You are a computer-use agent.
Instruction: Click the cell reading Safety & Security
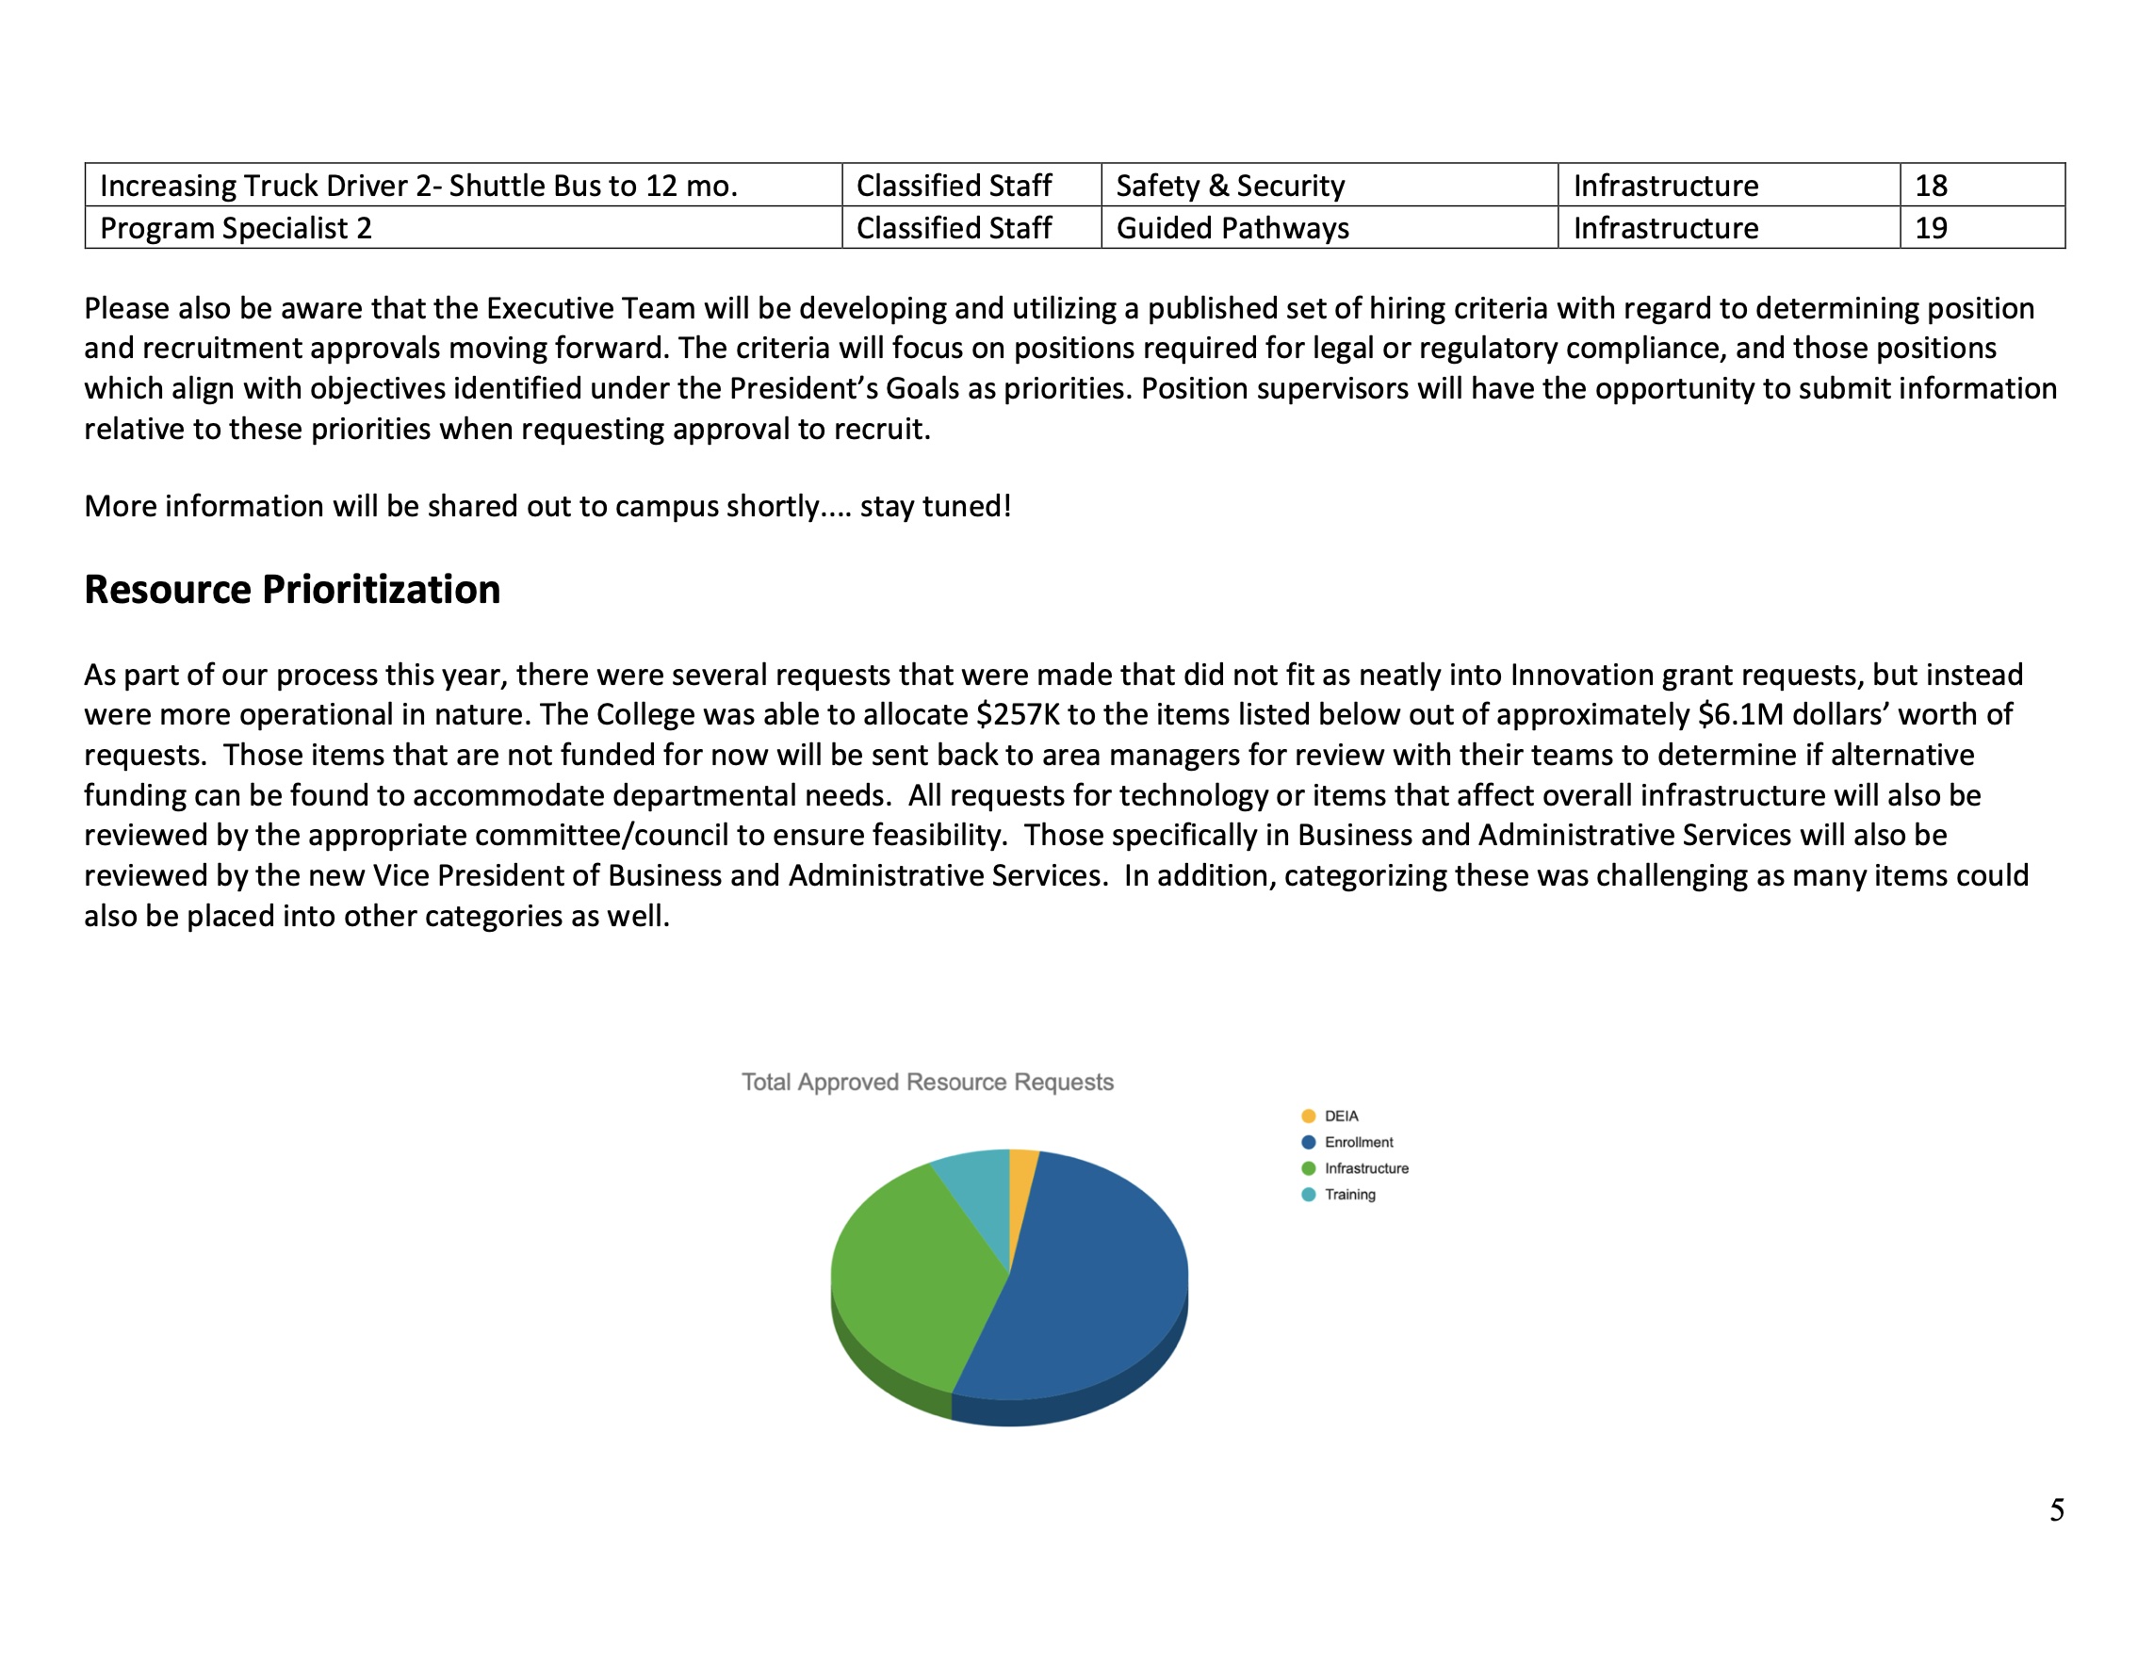pos(1230,186)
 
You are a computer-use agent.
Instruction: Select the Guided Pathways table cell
pos(1232,228)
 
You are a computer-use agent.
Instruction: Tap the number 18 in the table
pos(1930,186)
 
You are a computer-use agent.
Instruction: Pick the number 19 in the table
pos(1930,228)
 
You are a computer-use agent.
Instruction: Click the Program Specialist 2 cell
pos(236,228)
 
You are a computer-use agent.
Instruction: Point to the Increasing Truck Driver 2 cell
pos(418,186)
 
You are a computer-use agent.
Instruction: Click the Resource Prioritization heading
pos(292,589)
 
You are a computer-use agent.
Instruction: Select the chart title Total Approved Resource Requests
pos(927,1082)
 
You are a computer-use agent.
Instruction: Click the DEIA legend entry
pos(1340,1116)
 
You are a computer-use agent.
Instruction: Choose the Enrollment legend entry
pos(1358,1142)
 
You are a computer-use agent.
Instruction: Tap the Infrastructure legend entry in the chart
pos(1366,1168)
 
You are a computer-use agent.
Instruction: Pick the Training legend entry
pos(1349,1195)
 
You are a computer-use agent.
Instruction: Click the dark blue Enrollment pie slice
pos(1085,1282)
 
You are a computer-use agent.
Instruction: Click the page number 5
pos(2056,1510)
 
